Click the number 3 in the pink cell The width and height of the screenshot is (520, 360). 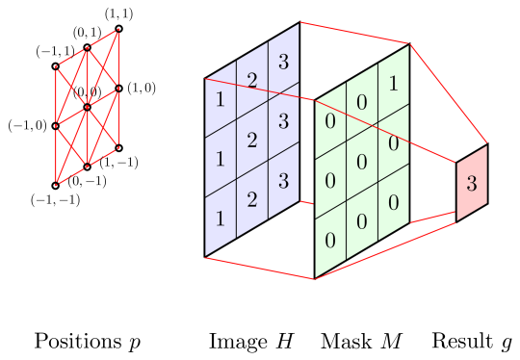click(471, 184)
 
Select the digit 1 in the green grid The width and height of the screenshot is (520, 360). click(393, 84)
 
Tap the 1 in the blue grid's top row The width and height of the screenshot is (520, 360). click(221, 99)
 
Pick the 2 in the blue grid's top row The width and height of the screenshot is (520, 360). click(251, 80)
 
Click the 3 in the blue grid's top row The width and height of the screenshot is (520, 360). click(282, 63)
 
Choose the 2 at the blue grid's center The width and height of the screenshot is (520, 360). click(251, 141)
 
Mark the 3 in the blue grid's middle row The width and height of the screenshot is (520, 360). click(282, 121)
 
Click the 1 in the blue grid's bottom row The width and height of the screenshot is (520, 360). click(221, 219)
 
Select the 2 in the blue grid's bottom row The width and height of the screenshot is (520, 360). click(251, 200)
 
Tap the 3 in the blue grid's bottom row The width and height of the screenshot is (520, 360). click(282, 181)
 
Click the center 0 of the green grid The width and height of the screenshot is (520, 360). click(362, 162)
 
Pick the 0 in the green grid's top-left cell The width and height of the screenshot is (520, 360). click(330, 121)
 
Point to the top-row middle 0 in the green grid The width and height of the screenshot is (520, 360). click(362, 102)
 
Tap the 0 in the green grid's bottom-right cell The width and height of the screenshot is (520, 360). click(393, 202)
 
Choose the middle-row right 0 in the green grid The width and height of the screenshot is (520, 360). click(393, 143)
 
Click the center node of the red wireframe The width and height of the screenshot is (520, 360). click(87, 107)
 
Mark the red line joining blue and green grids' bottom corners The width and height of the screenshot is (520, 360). click(260, 269)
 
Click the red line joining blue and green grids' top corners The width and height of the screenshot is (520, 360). click(354, 33)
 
